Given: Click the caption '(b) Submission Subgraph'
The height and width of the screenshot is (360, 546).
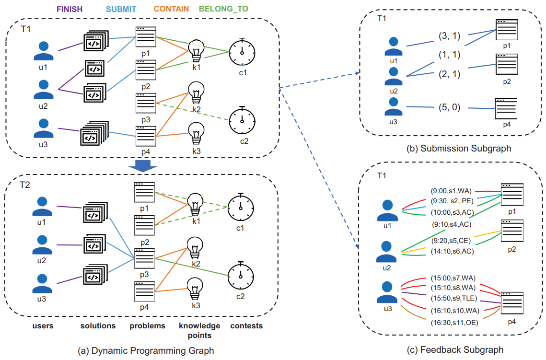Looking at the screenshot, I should coord(458,149).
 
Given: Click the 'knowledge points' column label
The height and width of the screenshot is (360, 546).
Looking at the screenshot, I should coord(199,329).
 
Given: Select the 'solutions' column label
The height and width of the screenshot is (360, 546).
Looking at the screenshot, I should coord(98,326).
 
